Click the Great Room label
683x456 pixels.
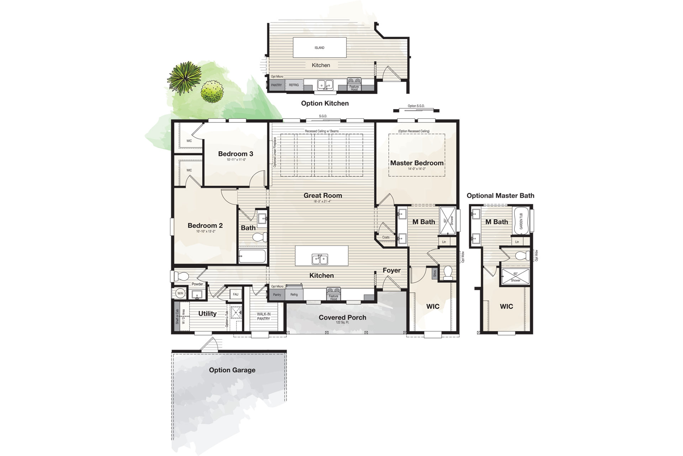pos(323,196)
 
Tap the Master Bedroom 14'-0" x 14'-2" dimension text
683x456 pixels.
pos(417,169)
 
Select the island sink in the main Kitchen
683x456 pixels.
pos(320,259)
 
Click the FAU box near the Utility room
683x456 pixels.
pos(235,294)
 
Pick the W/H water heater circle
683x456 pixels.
pos(180,293)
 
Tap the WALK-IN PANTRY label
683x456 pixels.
pos(264,316)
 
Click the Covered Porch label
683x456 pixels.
pos(342,317)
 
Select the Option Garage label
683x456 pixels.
pos(232,370)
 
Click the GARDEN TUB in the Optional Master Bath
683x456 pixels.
pos(521,221)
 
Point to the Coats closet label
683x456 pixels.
pos(386,237)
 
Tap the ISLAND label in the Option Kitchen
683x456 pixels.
pos(319,48)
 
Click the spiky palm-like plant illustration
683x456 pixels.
pos(184,78)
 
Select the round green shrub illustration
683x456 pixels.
pos(212,92)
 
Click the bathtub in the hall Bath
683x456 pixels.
pos(252,256)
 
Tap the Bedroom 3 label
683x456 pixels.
pos(235,154)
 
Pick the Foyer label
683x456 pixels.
pos(391,270)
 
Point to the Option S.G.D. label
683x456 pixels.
pos(416,106)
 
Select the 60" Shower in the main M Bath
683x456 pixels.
pos(448,221)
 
